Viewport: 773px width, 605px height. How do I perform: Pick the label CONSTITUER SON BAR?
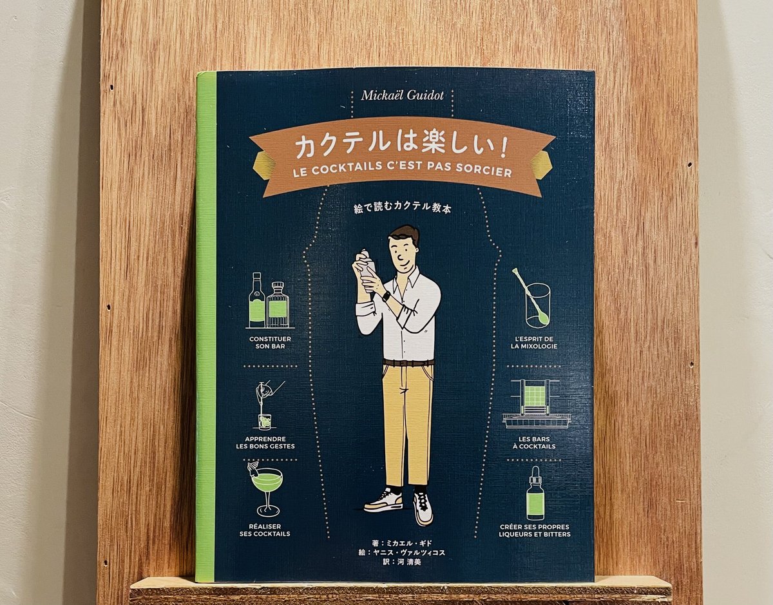[x=269, y=342]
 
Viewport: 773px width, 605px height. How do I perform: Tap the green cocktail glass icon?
[x=265, y=487]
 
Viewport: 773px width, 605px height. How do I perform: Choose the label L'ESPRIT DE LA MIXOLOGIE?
[x=534, y=342]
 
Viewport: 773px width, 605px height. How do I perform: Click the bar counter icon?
[x=536, y=404]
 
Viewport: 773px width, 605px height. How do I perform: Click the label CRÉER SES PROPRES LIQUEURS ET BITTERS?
[x=535, y=530]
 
